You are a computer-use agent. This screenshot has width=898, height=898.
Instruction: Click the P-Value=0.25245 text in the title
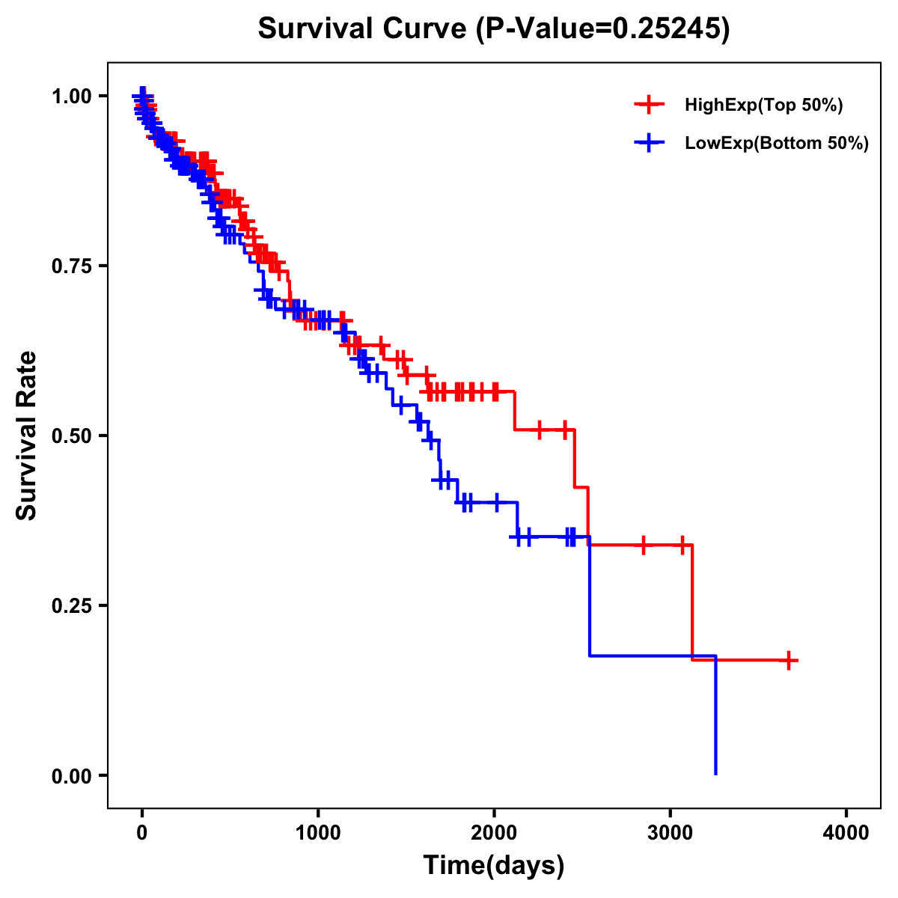pyautogui.click(x=603, y=28)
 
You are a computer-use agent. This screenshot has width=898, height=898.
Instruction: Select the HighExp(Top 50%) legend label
pyautogui.click(x=763, y=106)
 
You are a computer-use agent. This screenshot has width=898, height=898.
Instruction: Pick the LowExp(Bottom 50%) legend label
pyautogui.click(x=777, y=143)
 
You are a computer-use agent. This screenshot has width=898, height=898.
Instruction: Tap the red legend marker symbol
pyautogui.click(x=649, y=105)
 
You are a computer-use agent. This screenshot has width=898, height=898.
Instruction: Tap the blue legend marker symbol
pyautogui.click(x=649, y=142)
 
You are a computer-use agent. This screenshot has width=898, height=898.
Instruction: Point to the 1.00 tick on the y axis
pyautogui.click(x=71, y=96)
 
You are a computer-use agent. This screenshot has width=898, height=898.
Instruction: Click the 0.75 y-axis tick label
pyautogui.click(x=71, y=266)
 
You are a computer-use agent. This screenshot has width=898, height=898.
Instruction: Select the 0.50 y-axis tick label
pyautogui.click(x=71, y=436)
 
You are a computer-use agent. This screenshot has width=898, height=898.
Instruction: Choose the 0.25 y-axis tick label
pyautogui.click(x=71, y=605)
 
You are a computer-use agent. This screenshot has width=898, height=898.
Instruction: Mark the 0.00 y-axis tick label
pyautogui.click(x=71, y=775)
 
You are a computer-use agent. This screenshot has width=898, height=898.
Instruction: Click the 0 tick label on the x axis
pyautogui.click(x=142, y=833)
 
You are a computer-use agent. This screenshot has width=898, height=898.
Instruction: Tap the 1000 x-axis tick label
pyautogui.click(x=318, y=833)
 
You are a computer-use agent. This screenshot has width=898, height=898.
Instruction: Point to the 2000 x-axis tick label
pyautogui.click(x=494, y=833)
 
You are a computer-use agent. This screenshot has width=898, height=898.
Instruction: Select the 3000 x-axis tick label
pyautogui.click(x=671, y=833)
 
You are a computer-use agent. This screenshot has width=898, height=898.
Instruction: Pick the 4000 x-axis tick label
pyautogui.click(x=846, y=833)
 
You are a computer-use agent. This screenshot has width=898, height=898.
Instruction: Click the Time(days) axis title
pyautogui.click(x=494, y=866)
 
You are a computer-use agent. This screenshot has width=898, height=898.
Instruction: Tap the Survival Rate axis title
pyautogui.click(x=27, y=435)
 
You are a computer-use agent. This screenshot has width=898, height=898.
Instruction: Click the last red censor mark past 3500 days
pyautogui.click(x=789, y=660)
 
